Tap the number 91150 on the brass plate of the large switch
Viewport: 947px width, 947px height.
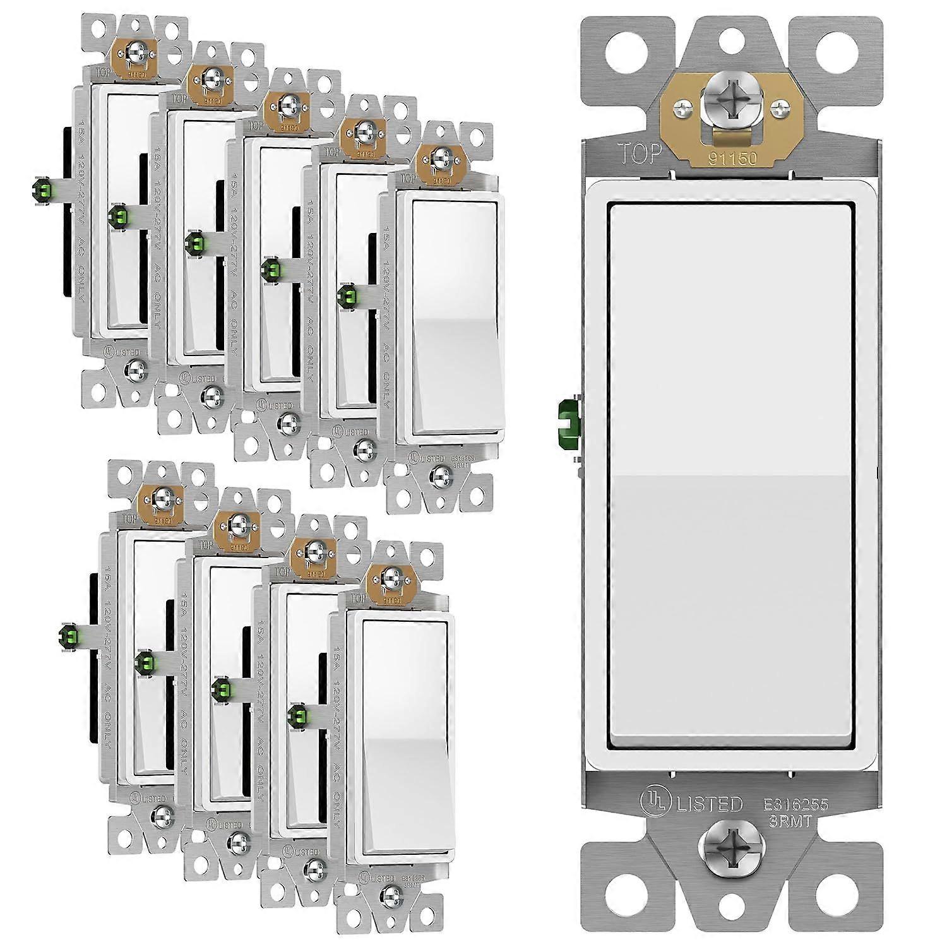(x=731, y=158)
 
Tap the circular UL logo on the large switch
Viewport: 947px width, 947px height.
(x=655, y=804)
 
